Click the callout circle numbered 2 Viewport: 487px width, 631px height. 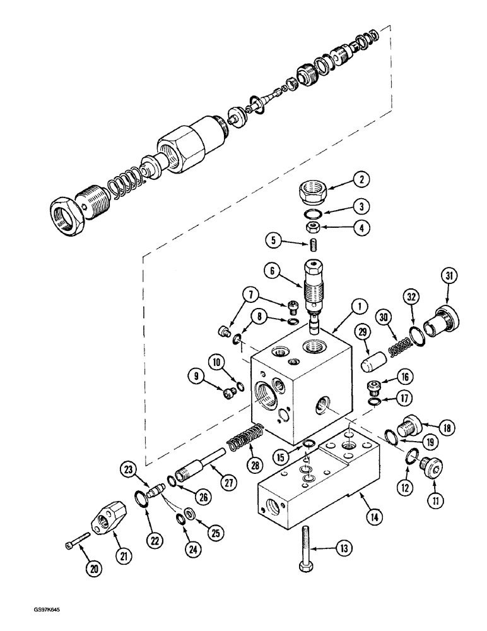point(361,179)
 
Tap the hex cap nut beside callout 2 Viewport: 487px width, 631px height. point(310,187)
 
